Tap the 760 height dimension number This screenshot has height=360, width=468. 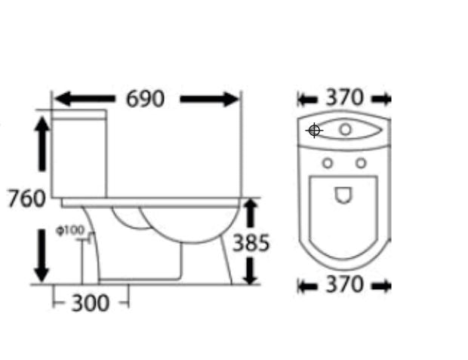coord(27,199)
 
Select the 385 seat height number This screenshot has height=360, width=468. coord(251,243)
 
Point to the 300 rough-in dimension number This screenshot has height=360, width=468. coord(90,303)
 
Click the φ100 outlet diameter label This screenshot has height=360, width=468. coord(70,230)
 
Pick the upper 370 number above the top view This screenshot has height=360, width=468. coord(344,97)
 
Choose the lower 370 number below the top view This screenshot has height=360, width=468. coord(344,285)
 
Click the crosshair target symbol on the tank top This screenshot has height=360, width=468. coord(315,131)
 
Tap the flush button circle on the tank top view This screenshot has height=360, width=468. coord(345,130)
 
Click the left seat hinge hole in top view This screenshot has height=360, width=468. coord(328,162)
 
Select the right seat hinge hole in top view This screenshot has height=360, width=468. coord(361,162)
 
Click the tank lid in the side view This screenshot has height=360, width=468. coord(79,115)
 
